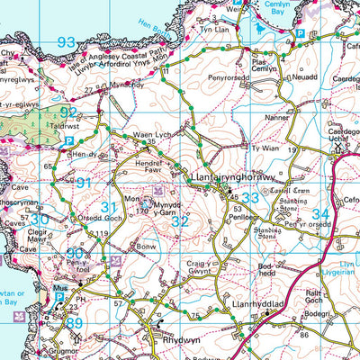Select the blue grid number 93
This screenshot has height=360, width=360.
click(x=66, y=42)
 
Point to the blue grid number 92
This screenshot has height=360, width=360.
click(x=67, y=112)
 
